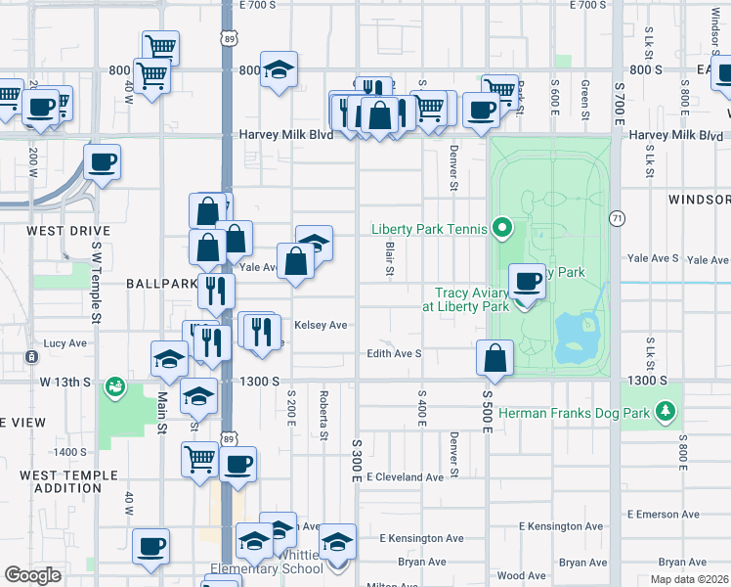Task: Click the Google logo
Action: pyautogui.click(x=32, y=575)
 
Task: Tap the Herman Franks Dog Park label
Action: pyautogui.click(x=574, y=414)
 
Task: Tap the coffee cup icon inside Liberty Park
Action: pyautogui.click(x=529, y=282)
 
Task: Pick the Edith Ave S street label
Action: pyautogui.click(x=394, y=353)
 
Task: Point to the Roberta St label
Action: pyautogui.click(x=322, y=414)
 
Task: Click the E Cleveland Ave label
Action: pyautogui.click(x=405, y=477)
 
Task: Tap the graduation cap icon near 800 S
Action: pyautogui.click(x=279, y=69)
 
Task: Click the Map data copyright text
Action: pyautogui.click(x=689, y=579)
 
